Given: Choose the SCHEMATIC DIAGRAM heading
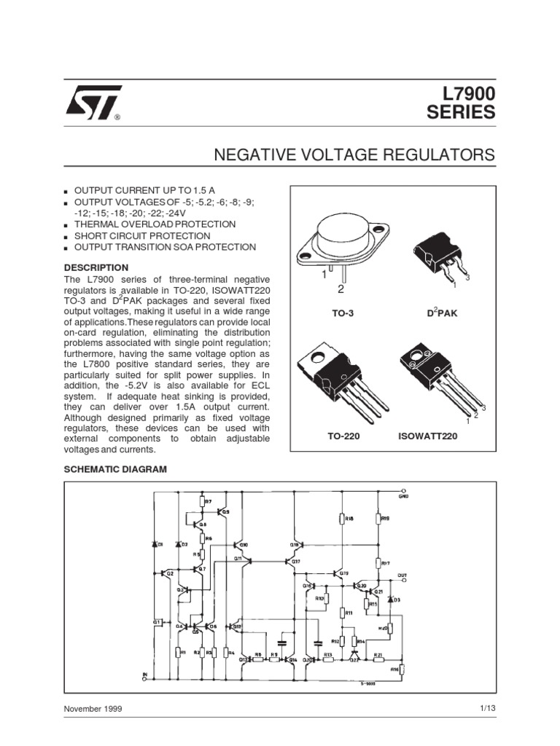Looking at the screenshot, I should (x=116, y=469).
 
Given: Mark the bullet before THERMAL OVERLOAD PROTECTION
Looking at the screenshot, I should (x=66, y=226).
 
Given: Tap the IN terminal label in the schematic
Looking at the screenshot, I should (x=144, y=675).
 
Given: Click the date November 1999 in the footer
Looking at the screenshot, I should (x=93, y=708).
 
